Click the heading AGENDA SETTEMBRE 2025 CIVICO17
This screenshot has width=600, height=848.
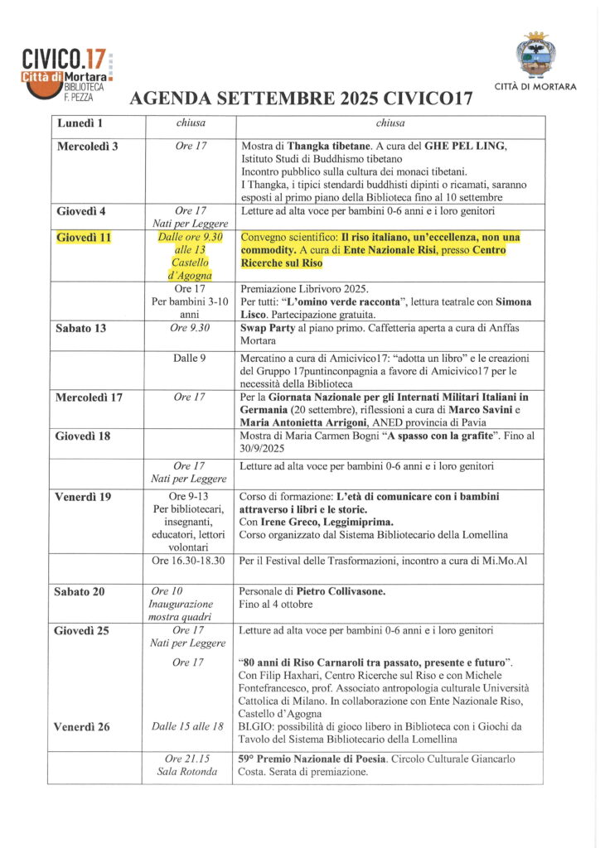300,100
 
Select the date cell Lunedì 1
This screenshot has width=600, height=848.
80,124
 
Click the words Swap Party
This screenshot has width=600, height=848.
269,328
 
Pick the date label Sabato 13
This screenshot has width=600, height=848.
80,328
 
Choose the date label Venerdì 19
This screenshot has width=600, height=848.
82,497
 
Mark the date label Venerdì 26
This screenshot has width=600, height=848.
82,727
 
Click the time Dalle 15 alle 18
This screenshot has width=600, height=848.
188,726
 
